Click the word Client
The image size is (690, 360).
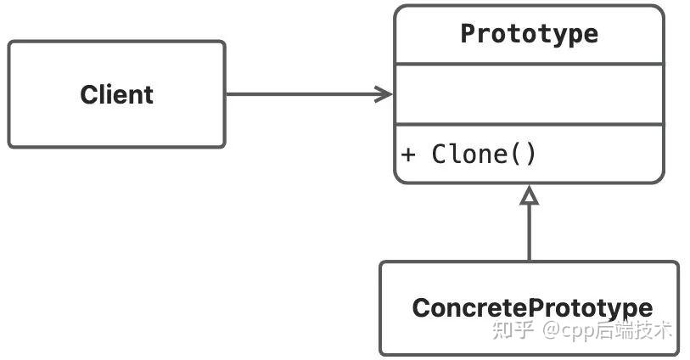[116, 94]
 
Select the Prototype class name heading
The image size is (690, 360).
[529, 34]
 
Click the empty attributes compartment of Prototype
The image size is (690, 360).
[529, 93]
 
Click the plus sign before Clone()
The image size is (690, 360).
[409, 155]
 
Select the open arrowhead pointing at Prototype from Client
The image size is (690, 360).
[384, 93]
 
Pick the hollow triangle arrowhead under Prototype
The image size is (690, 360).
[529, 196]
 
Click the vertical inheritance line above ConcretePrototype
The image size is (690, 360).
[529, 233]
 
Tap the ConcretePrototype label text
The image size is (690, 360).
[532, 307]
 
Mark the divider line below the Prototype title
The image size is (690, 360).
[529, 64]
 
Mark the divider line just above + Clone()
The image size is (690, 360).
[529, 125]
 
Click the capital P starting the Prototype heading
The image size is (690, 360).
[468, 34]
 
